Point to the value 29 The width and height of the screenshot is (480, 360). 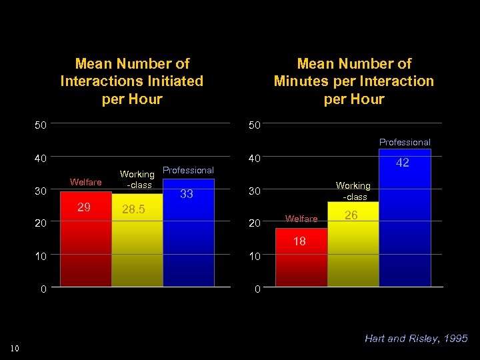[x=84, y=207]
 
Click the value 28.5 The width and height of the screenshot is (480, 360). [x=133, y=210]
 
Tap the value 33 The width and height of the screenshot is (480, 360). [x=187, y=194]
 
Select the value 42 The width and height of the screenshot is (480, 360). [x=403, y=163]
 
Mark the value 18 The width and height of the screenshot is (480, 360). [x=300, y=241]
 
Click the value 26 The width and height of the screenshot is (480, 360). [x=351, y=215]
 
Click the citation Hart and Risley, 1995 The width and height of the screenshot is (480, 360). [x=416, y=339]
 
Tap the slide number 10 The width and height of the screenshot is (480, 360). [x=15, y=347]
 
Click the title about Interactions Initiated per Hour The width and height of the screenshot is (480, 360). [x=132, y=81]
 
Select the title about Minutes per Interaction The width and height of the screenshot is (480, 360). [x=353, y=81]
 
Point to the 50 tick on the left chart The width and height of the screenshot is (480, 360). [x=41, y=125]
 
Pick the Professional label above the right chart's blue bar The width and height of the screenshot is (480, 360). [x=405, y=142]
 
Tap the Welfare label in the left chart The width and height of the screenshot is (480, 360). [x=85, y=182]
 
